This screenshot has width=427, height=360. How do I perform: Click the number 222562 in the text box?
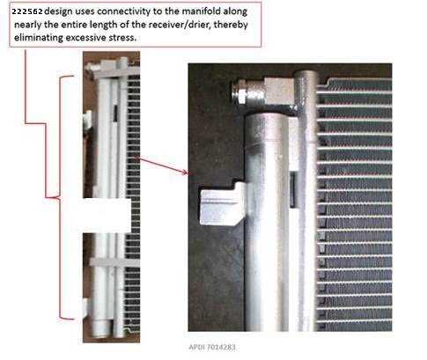coord(27,11)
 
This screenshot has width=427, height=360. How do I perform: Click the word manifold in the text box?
coord(202,11)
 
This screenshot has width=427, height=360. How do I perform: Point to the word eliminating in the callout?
coord(39,38)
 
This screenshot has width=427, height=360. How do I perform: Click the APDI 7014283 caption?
coord(212,348)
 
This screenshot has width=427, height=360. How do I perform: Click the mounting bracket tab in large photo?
coord(223,203)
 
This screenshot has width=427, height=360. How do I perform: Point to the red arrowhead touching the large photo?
coord(185,172)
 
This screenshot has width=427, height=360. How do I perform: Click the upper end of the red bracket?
coord(74,76)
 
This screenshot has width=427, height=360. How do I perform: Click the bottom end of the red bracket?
coord(72,319)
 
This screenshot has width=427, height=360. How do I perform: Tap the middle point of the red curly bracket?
coord(55,197)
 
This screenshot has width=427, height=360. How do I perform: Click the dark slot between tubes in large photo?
coord(292,189)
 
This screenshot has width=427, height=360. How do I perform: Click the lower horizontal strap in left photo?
coord(114,262)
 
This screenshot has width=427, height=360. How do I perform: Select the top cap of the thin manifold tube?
coord(306,74)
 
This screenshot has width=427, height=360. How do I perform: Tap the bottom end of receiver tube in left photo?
coord(101,331)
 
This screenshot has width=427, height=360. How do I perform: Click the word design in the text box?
coord(58,11)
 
